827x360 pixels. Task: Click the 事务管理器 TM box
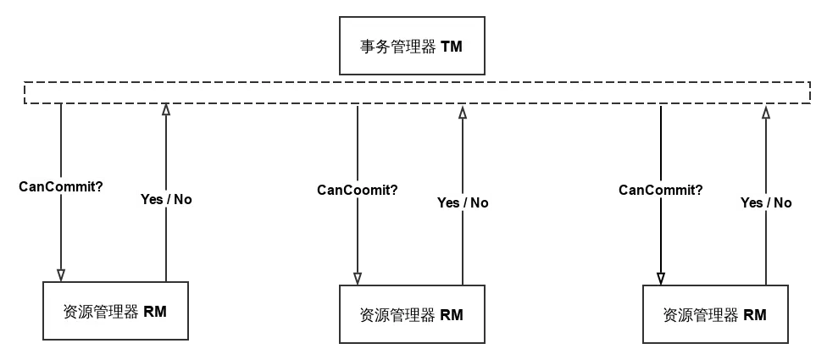(413, 46)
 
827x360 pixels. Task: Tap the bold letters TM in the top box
(452, 47)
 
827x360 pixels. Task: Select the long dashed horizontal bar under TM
(415, 93)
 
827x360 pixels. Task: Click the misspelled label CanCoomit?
(357, 190)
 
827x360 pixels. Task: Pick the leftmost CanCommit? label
(62, 186)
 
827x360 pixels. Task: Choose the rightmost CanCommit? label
(661, 190)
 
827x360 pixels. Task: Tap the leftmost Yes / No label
(166, 200)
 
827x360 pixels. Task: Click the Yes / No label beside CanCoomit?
(463, 202)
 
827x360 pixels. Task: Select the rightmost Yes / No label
(766, 202)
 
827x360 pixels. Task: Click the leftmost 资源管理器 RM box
(115, 311)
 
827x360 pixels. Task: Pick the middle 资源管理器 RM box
(413, 315)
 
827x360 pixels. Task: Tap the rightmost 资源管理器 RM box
(716, 315)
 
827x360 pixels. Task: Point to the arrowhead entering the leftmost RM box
(61, 275)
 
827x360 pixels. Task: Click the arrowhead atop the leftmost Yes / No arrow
(166, 110)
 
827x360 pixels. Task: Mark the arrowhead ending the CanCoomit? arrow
(358, 278)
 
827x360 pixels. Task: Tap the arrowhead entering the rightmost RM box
(661, 277)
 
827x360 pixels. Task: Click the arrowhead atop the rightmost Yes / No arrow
(766, 113)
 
